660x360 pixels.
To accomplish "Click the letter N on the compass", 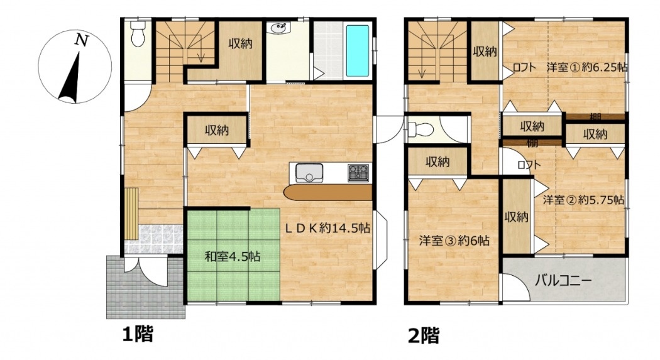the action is [82, 40].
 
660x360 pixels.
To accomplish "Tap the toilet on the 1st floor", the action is [137, 34].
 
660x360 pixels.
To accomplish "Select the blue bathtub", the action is [358, 51].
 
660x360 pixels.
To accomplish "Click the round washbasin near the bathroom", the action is [278, 29].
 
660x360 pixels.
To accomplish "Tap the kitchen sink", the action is [309, 172].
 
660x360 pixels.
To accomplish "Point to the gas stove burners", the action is [358, 173].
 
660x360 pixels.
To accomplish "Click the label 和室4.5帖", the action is [233, 256].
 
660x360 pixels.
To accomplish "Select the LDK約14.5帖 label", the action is [327, 228].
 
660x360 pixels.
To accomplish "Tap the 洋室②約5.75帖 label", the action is [583, 200].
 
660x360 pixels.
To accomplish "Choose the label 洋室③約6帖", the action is [454, 241].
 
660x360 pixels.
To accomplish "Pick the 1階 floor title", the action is [138, 335].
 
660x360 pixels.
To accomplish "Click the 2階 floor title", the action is [424, 335].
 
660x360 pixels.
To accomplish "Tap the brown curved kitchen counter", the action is [328, 192].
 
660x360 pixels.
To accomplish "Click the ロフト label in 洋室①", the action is [524, 68].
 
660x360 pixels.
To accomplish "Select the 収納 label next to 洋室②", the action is [517, 217].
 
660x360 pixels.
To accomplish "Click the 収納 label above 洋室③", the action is [437, 162].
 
